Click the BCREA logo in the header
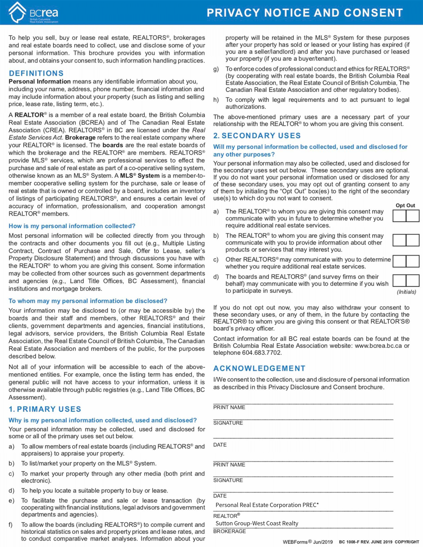click(33, 13)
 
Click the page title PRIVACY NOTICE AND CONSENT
click(305, 13)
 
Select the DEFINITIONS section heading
click(36, 73)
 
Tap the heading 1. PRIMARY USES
click(45, 409)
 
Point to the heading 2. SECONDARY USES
click(257, 136)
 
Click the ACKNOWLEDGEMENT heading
click(259, 368)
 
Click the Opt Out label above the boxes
click(405, 206)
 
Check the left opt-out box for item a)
click(399, 216)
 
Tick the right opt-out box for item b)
click(413, 240)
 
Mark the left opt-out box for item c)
click(399, 261)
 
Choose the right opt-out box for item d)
click(413, 281)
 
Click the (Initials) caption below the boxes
click(406, 292)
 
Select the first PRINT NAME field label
click(229, 407)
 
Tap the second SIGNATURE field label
click(228, 480)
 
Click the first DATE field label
click(220, 445)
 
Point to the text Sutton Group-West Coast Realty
click(257, 523)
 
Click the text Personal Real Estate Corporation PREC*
click(267, 505)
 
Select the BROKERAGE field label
click(229, 531)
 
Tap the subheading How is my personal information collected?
click(72, 226)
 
